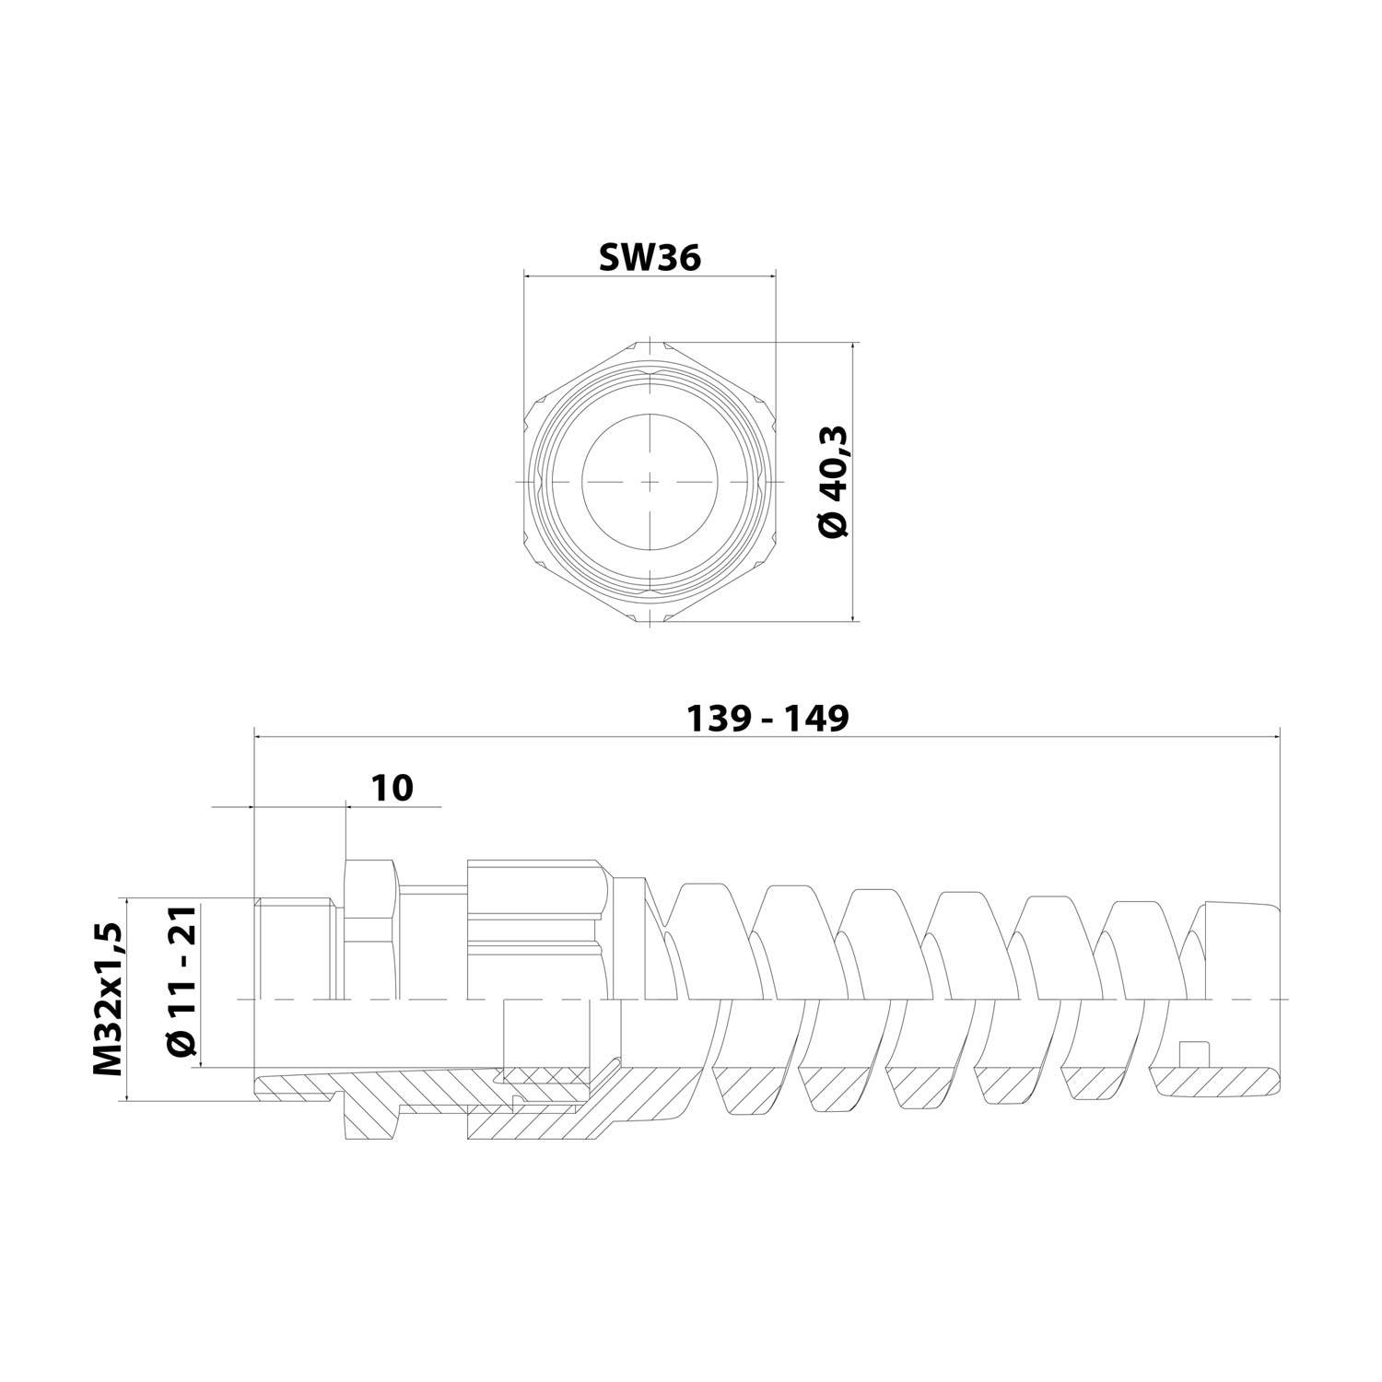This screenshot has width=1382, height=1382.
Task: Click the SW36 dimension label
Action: coord(650,258)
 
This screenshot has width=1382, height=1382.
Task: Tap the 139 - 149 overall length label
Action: coord(767,719)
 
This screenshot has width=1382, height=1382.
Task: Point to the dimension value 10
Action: coord(392,788)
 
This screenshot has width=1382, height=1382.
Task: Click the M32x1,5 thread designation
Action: coord(108,998)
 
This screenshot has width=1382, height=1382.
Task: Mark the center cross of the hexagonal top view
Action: coord(650,483)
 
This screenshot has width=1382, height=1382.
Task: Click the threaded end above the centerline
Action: coord(292,949)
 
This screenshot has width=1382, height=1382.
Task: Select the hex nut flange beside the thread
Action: coord(370,931)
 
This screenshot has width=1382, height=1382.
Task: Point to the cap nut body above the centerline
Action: coord(534,931)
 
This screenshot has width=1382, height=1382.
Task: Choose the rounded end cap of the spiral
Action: coord(1239,949)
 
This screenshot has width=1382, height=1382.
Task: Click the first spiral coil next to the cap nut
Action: coord(700,940)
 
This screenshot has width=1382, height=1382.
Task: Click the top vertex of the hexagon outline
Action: coord(650,342)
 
